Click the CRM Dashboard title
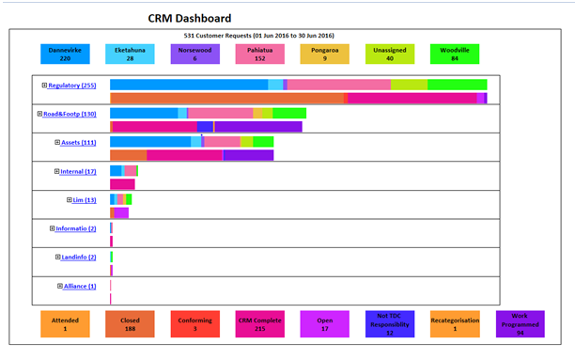coord(190,19)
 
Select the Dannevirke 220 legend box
coord(65,54)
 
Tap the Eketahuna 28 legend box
coord(130,54)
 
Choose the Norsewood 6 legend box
coord(195,54)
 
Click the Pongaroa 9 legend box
coord(324,54)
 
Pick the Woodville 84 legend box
coord(455,54)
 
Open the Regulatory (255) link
coord(72,86)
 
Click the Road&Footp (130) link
coord(70,114)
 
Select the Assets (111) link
coord(79,143)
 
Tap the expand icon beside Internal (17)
coord(56,171)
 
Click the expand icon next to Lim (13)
coord(69,200)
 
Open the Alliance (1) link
coord(80,287)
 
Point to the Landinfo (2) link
coord(79,258)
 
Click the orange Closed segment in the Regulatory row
coord(227,99)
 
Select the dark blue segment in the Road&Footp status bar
coord(205,127)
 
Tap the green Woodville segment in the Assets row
coord(263,142)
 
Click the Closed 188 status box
coord(130,324)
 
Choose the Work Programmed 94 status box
coord(520,324)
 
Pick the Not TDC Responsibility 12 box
coord(390,324)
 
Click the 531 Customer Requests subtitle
coord(259,36)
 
